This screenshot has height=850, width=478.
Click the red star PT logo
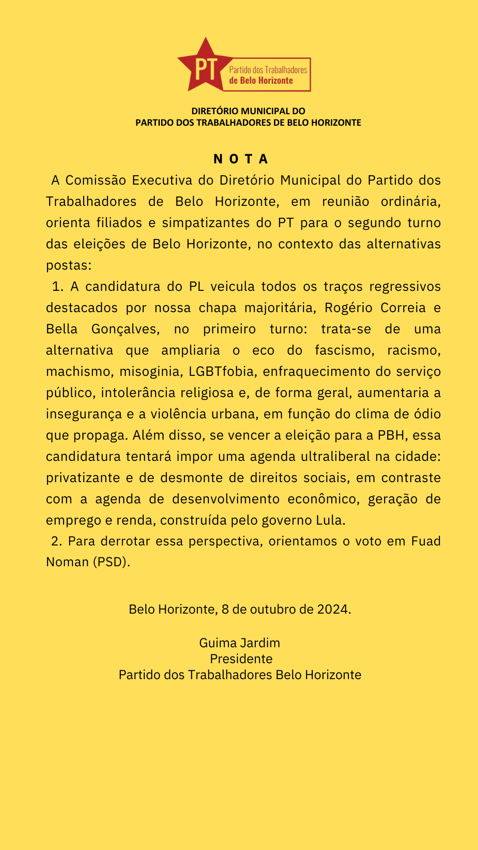point(204,66)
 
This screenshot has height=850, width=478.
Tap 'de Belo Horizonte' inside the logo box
point(261,81)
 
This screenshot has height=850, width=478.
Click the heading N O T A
point(241,159)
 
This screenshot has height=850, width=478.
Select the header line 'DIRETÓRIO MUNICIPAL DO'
point(248,111)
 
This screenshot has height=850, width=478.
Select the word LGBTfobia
point(222,371)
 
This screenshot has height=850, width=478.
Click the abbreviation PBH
point(391,435)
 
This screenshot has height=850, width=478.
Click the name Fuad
point(426,541)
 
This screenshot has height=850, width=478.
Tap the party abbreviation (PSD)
point(111,562)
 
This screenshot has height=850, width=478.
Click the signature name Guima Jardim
point(239,643)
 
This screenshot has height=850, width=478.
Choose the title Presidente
point(241,659)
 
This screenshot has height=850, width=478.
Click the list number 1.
point(57,286)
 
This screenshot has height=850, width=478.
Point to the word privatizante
point(83,478)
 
